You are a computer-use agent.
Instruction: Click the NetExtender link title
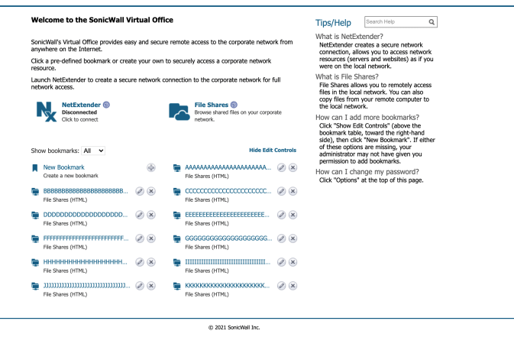pos(81,105)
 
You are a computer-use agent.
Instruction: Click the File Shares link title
pos(210,105)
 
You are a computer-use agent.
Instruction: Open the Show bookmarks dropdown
pos(94,151)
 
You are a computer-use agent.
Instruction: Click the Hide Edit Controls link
pos(273,151)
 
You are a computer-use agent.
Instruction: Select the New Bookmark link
pos(63,167)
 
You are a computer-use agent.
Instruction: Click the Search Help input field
pos(395,22)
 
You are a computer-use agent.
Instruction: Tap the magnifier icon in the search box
pos(432,22)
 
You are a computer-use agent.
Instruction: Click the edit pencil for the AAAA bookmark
pos(282,167)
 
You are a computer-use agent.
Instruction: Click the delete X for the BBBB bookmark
pos(150,191)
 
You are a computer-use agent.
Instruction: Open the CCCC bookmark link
pos(228,191)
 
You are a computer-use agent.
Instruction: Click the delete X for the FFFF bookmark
pos(150,238)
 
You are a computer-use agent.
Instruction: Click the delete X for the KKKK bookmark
pos(293,286)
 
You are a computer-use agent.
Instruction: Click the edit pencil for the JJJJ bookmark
pos(140,286)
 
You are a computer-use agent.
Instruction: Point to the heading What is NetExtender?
pos(349,37)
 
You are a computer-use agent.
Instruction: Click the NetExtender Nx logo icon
pos(47,111)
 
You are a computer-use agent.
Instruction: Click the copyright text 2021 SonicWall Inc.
pos(234,327)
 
